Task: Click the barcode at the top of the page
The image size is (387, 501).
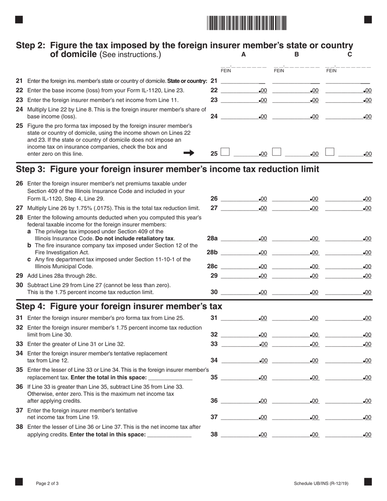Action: [246, 23]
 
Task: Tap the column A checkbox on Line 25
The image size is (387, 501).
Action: [225, 152]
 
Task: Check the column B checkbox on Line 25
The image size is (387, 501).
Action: [277, 152]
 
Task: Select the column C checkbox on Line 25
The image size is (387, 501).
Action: [330, 152]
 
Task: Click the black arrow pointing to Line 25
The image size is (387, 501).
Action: [189, 153]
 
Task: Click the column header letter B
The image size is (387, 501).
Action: [297, 54]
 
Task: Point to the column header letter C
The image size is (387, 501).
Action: [350, 54]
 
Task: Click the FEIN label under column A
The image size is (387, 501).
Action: [226, 70]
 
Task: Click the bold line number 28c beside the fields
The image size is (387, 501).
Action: [212, 266]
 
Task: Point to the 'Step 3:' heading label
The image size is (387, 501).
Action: [31, 169]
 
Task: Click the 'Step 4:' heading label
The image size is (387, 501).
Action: [31, 306]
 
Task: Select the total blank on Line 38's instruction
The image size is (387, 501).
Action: [169, 435]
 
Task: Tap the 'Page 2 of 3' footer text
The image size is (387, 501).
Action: [47, 483]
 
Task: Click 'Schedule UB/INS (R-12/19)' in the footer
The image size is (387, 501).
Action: [321, 483]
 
